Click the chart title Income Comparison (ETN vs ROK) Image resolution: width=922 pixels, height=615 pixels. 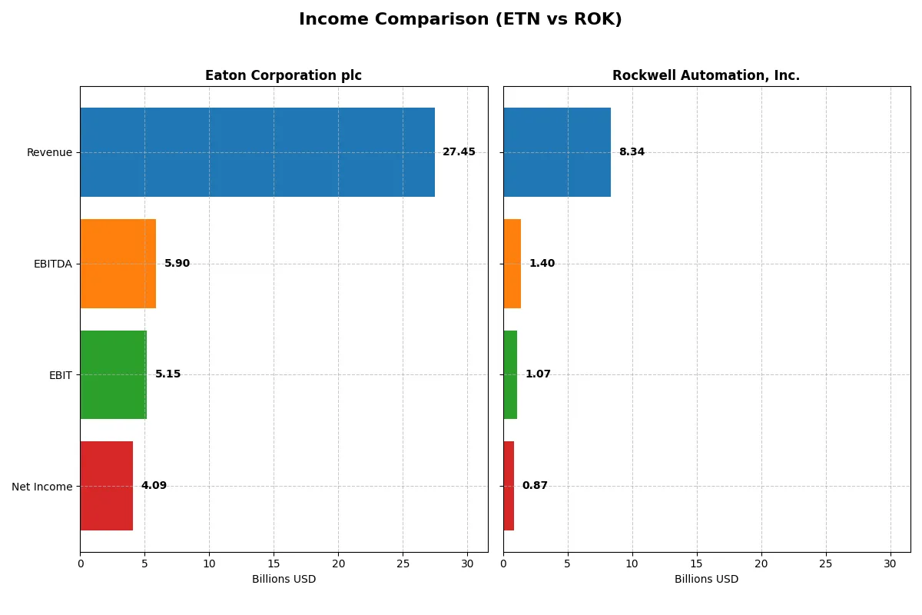tap(460, 19)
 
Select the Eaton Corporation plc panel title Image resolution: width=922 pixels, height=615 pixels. tap(283, 75)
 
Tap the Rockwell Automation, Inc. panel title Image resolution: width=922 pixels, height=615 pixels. tap(705, 75)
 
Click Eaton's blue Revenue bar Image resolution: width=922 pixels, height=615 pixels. tap(257, 152)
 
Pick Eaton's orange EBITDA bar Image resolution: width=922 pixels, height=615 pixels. tap(118, 264)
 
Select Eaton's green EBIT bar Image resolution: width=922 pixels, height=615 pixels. tap(113, 374)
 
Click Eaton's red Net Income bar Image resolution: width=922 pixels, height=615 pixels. tap(106, 486)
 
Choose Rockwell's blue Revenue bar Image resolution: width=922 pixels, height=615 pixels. tap(557, 152)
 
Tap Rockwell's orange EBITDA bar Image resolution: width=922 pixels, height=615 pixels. tap(512, 264)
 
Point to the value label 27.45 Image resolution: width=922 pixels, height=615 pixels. tap(459, 152)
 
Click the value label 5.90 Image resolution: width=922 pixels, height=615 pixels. tap(177, 264)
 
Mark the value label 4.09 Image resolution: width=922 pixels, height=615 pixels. tap(154, 486)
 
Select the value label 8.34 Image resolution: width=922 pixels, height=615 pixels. tap(632, 152)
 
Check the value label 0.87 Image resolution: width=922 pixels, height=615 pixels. tap(535, 486)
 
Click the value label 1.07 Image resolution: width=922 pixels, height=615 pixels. tap(538, 374)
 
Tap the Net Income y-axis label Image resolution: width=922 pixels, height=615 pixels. tap(41, 487)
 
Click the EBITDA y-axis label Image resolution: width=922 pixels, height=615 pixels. tap(52, 264)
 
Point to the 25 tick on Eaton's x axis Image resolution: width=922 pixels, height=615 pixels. tap(403, 563)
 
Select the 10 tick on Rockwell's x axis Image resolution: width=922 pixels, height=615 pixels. tap(632, 563)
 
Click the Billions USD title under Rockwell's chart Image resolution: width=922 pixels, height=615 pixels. tap(706, 580)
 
